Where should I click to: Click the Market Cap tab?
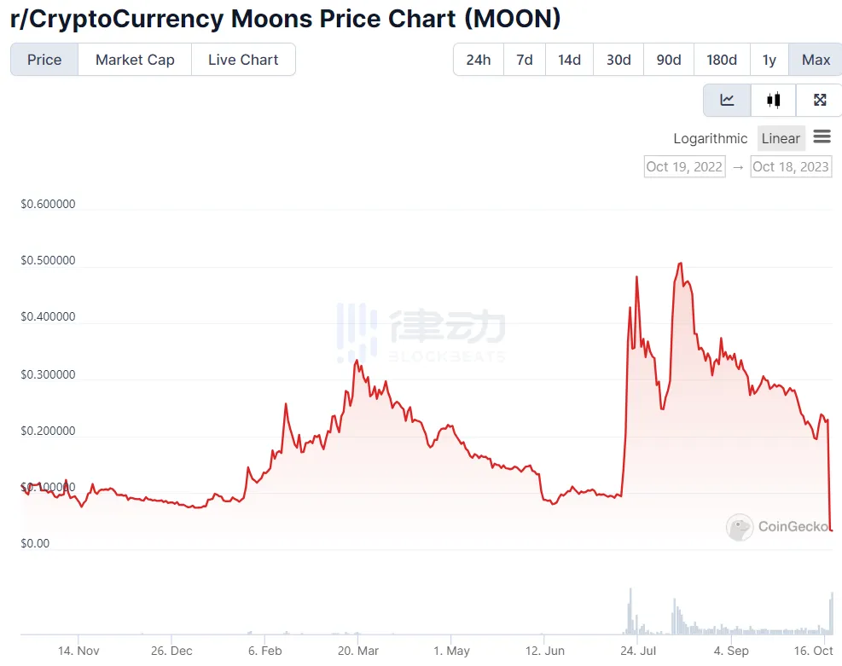coord(135,60)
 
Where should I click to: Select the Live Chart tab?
coord(243,60)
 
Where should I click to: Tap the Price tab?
coord(44,60)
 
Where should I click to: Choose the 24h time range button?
coord(479,60)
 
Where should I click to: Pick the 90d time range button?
coord(669,60)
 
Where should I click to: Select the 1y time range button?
coord(769,60)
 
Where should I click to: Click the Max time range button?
coord(816,60)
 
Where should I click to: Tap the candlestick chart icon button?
coord(774,100)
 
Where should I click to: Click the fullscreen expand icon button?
coord(820,100)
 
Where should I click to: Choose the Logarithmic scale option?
coord(710,138)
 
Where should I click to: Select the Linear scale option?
coord(781,138)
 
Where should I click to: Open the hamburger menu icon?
coord(822,136)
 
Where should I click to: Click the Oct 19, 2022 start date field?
coord(684,166)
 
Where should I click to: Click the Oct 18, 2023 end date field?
coord(791,166)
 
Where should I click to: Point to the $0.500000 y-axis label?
coord(48,260)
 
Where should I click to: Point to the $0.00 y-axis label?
coord(35,543)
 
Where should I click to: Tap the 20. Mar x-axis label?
coord(358,651)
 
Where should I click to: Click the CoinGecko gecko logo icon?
coord(740,527)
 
